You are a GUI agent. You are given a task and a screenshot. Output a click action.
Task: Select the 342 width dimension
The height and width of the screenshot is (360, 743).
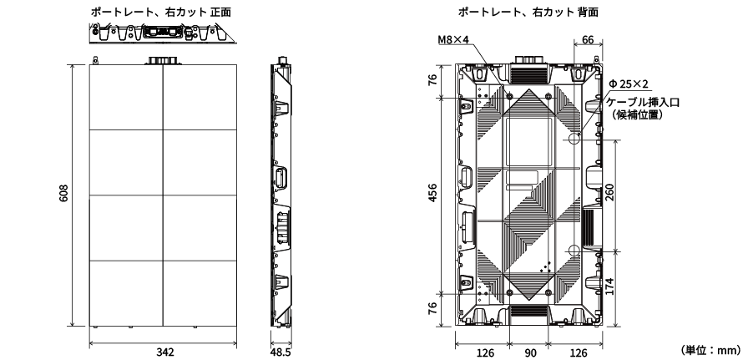(165, 352)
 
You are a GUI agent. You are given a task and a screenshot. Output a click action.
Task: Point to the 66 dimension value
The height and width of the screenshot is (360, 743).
(588, 39)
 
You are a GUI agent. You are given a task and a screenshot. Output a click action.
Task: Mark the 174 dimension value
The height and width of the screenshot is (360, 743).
(610, 286)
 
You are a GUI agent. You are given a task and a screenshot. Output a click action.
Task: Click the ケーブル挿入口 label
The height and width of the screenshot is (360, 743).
(644, 101)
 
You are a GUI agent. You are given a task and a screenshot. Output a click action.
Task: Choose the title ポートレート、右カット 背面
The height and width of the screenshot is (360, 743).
(528, 12)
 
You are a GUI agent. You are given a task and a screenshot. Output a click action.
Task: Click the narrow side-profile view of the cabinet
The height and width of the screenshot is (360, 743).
(281, 195)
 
